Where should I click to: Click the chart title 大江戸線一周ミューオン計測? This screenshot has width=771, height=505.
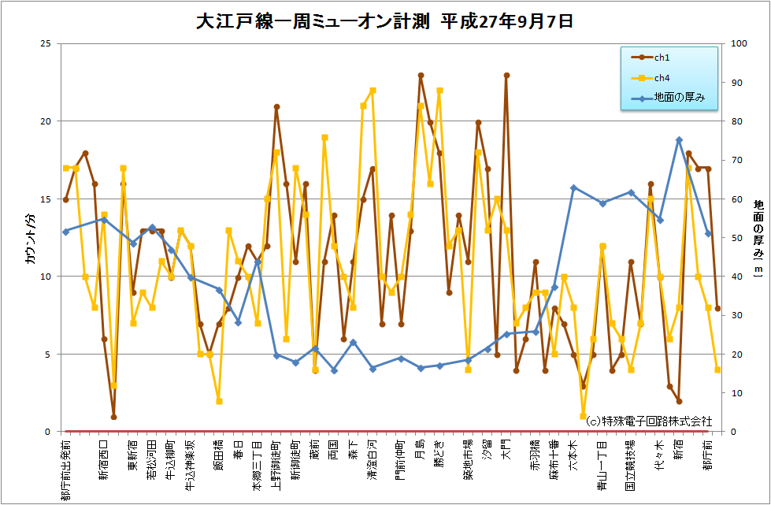(x=384, y=21)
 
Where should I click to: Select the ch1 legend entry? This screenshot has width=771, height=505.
(x=661, y=58)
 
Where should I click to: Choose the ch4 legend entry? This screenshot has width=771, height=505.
(x=661, y=78)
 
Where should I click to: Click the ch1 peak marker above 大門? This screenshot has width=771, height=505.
(x=506, y=76)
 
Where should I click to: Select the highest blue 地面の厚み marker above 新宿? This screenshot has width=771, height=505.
(x=679, y=140)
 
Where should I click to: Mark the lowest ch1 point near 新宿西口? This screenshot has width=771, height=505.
(x=113, y=417)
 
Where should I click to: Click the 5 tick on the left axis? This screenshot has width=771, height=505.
(x=48, y=355)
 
